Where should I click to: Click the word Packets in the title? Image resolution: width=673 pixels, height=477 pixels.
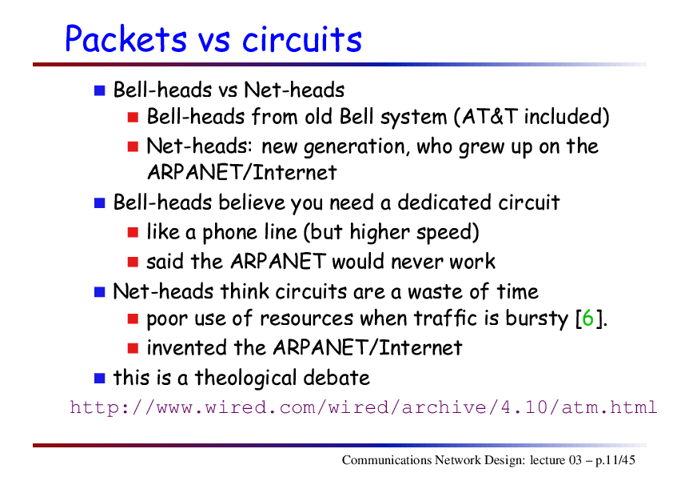(125, 39)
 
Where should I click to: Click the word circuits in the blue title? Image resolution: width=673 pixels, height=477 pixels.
(302, 39)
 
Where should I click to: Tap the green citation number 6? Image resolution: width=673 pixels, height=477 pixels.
(587, 319)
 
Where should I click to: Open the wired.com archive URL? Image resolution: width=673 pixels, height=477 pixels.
(363, 407)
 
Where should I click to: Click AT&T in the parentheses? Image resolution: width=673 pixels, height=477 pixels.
(490, 117)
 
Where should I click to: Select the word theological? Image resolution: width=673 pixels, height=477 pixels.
(245, 379)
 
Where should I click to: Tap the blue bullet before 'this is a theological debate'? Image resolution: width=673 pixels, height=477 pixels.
(100, 379)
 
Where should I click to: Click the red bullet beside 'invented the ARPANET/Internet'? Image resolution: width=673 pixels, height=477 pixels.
(133, 348)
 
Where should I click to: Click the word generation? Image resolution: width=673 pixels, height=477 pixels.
(354, 147)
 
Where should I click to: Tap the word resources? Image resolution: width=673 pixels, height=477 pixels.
(306, 319)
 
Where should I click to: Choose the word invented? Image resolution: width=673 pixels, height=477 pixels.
(186, 347)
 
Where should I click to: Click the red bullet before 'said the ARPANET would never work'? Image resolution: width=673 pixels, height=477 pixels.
(133, 263)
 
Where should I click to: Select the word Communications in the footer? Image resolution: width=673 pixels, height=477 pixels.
(387, 460)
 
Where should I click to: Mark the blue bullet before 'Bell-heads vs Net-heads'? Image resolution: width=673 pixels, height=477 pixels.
(100, 90)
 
